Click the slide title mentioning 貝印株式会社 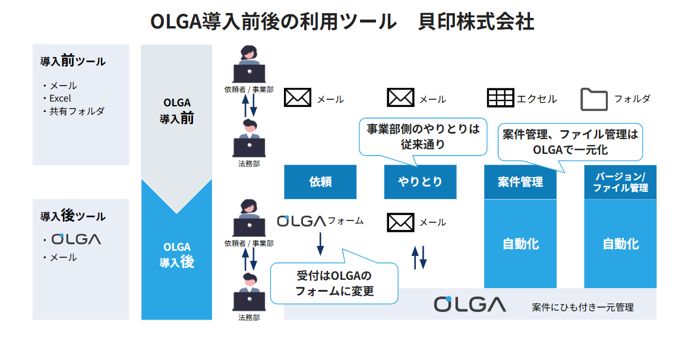pos(342,21)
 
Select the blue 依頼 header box pos(320,182)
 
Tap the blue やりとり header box pos(420,182)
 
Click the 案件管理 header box pos(520,182)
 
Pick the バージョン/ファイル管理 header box pos(620,182)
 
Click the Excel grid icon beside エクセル pos(500,98)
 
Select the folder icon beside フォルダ pos(593,99)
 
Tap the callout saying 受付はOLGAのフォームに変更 pos(334,283)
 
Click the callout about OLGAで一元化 pos(570,143)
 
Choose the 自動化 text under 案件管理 pos(520,244)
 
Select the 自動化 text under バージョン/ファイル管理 pos(620,244)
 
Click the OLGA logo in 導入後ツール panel pos(76,239)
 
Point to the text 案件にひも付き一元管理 pos(582,307)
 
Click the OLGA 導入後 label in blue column pos(176,254)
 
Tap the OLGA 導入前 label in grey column pos(176,111)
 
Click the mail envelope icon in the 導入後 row pos(400,222)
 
